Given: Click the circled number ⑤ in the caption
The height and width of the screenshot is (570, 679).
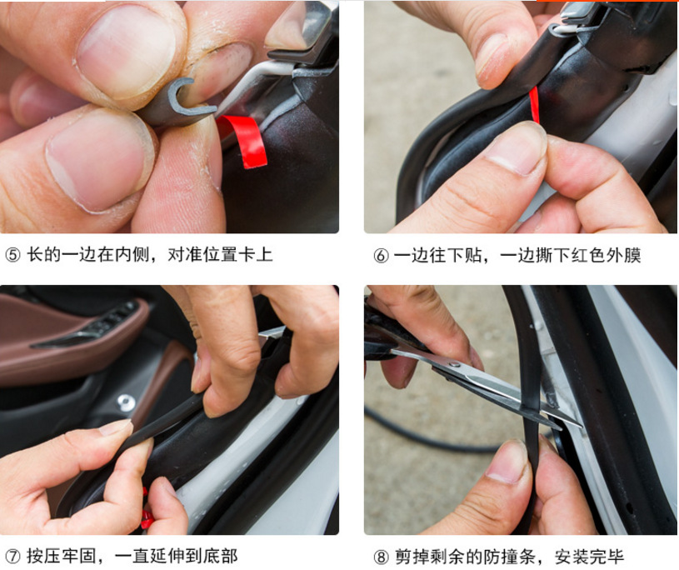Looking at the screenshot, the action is (12, 255).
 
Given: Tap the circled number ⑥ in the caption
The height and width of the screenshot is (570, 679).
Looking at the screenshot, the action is (381, 256).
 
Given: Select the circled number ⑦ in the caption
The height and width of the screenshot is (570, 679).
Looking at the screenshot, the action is (12, 557).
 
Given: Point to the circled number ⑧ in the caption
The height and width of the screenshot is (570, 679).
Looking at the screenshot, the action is (381, 557).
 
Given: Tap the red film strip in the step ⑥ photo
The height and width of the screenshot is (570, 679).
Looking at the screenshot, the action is (535, 105).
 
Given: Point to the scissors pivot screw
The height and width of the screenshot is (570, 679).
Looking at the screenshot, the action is (457, 365).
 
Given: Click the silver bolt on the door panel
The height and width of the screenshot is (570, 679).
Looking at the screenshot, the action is (126, 402).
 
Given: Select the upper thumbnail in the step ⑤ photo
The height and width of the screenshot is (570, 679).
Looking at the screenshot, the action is (126, 52).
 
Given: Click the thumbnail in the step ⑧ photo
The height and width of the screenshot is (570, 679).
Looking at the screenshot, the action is (507, 462).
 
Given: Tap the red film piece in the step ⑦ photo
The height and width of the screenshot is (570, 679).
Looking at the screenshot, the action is (146, 511).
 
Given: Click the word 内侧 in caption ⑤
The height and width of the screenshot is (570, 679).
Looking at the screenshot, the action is (131, 255).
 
